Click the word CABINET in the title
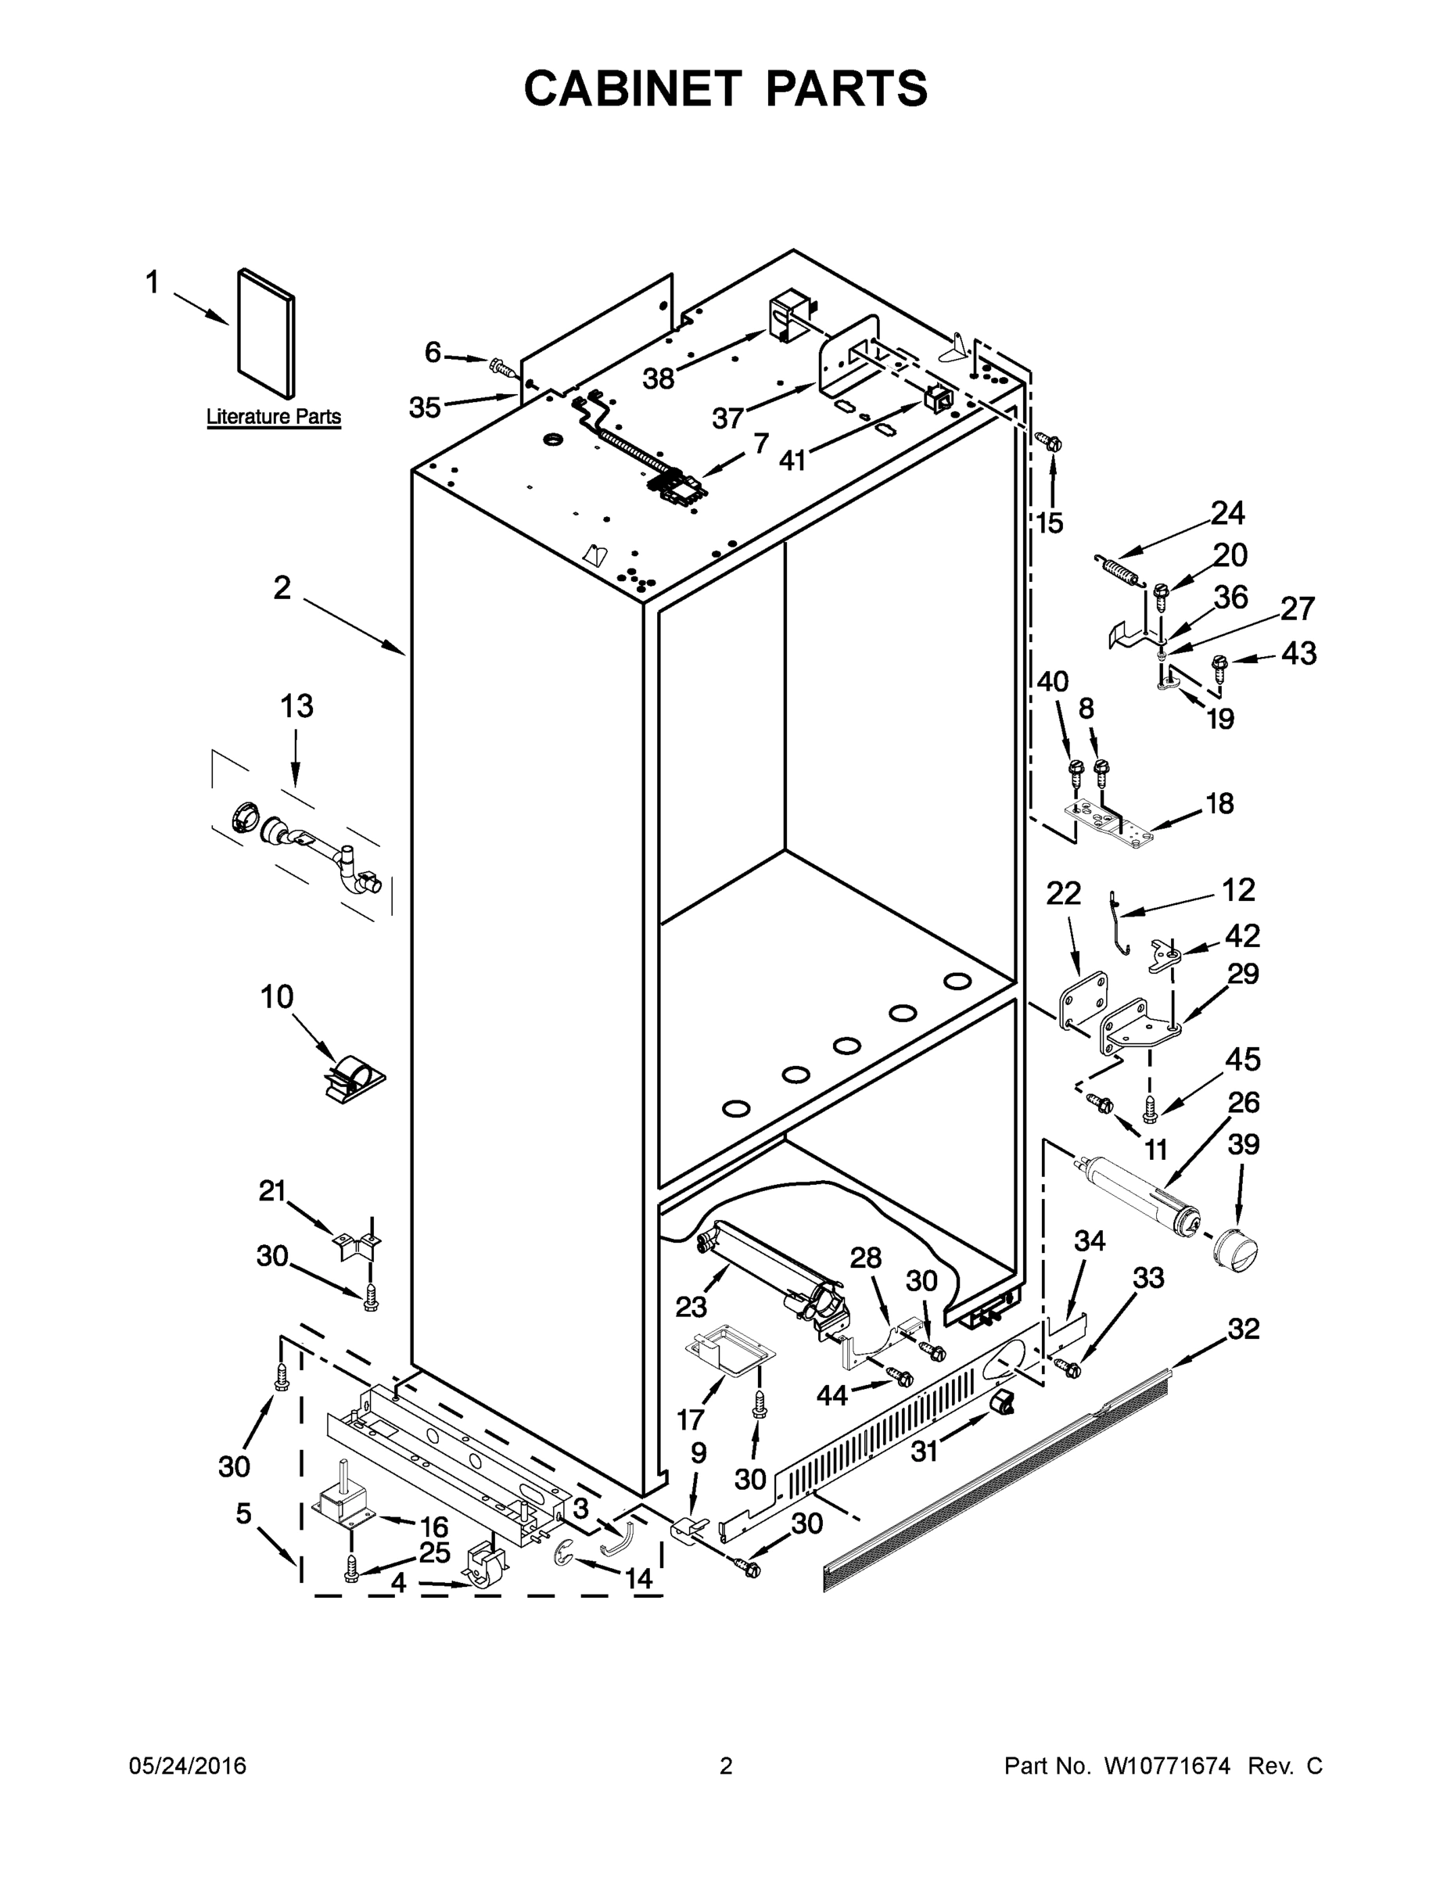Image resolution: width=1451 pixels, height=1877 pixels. point(633,88)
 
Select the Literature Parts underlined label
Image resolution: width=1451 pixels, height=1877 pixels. point(273,417)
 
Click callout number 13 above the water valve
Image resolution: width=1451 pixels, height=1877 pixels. point(296,706)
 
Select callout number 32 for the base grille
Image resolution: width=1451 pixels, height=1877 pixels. point(1244,1329)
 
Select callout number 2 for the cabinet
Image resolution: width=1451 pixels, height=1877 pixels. point(282,589)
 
